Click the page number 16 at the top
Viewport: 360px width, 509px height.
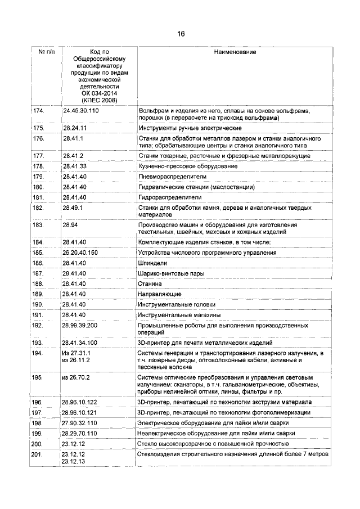[181, 33]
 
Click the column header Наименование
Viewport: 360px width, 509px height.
[235, 52]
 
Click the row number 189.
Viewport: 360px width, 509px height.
[38, 294]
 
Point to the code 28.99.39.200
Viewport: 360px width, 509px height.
[81, 325]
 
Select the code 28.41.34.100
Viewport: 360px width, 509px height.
[81, 342]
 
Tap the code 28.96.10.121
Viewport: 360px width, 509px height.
[81, 412]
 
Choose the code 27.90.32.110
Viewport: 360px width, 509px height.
[81, 422]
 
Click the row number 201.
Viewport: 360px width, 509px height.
[38, 454]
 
